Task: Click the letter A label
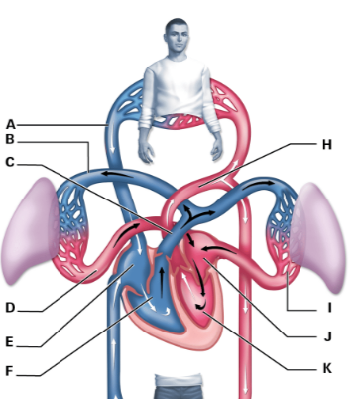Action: (11, 124)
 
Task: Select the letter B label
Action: (11, 141)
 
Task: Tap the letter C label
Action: (11, 161)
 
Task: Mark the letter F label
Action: (11, 375)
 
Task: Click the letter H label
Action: (327, 144)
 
